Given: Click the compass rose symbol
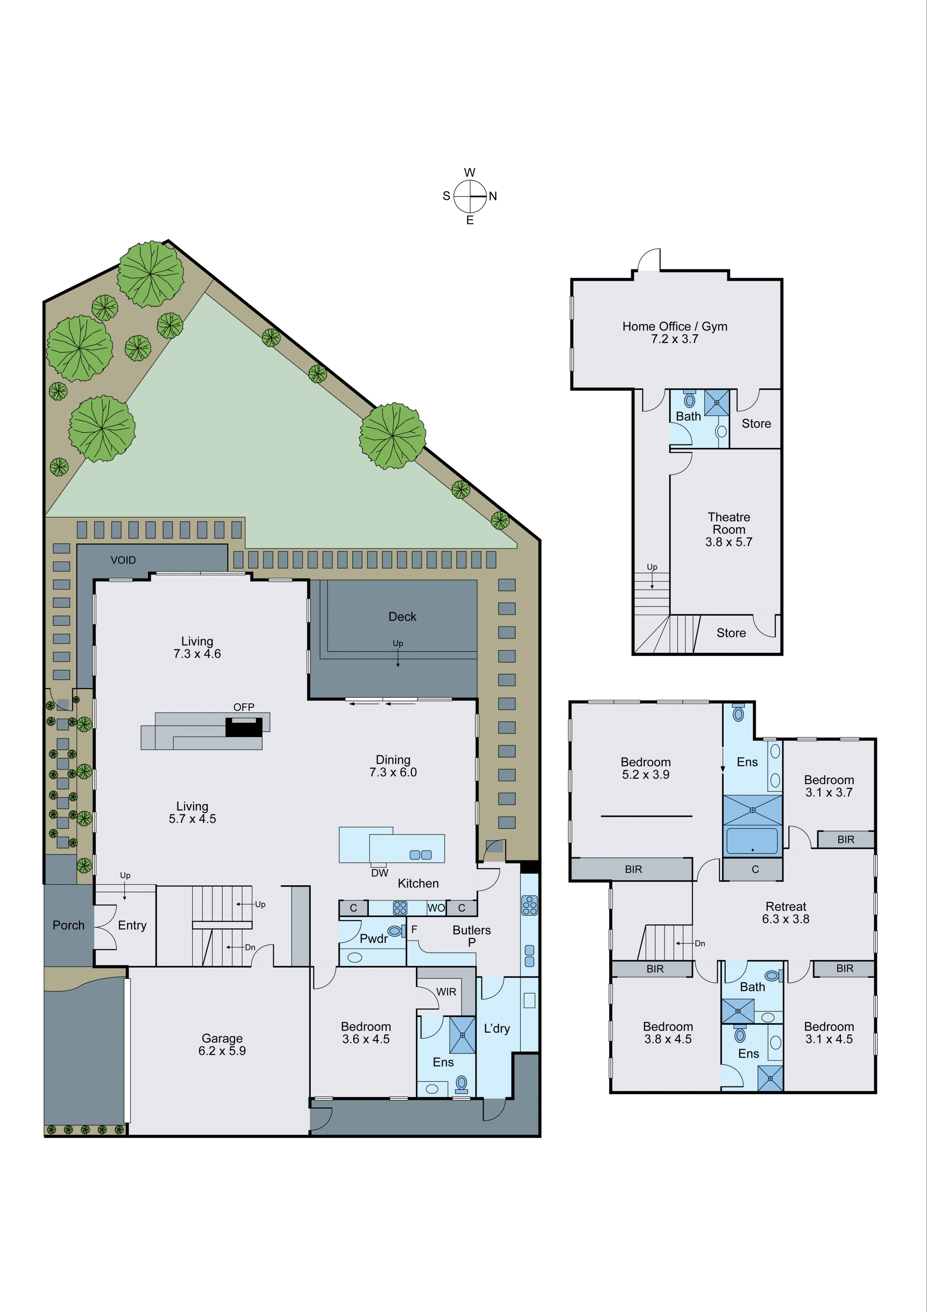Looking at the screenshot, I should (x=469, y=196).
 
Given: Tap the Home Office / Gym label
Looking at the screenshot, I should (x=675, y=332).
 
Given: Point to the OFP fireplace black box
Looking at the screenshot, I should (x=243, y=727).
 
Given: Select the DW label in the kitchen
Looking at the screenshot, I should (x=379, y=872).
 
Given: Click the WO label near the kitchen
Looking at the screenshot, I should (x=436, y=908).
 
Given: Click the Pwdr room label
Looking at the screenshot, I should (x=374, y=938).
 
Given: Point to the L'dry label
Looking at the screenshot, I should (x=496, y=1029).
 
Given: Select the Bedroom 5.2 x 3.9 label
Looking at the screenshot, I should (x=645, y=768).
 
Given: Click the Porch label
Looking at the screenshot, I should (x=69, y=925).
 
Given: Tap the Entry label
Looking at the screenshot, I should (x=132, y=925).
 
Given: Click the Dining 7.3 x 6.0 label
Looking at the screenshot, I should (x=393, y=766).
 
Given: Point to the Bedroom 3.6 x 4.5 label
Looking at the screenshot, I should (x=366, y=1033).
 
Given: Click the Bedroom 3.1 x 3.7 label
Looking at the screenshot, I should (x=829, y=786).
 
